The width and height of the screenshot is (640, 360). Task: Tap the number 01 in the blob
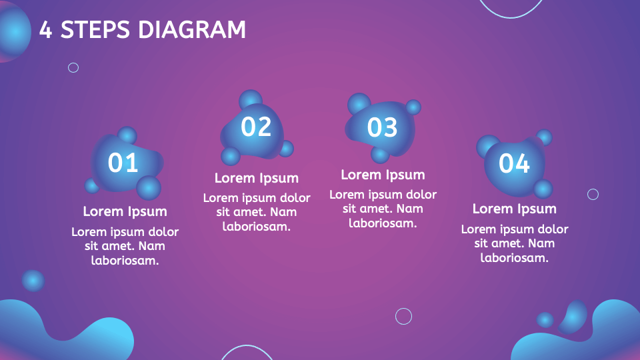pos(123,163)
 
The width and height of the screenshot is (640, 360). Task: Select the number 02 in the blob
pos(256,127)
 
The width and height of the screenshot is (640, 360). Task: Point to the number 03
pos(382,127)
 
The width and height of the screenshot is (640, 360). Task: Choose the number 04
pos(514,163)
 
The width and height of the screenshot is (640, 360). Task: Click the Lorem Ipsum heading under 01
pos(125,211)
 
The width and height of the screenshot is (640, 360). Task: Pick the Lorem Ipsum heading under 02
pos(257,178)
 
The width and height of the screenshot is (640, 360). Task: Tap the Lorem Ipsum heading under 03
pos(383,175)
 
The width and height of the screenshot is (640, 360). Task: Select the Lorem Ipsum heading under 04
pos(514,209)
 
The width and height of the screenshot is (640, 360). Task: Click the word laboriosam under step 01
pos(125,260)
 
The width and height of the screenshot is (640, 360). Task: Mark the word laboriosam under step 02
pos(257,226)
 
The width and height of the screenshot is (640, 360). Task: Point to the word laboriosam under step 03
pos(383,223)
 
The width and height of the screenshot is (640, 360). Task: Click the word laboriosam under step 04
pos(514,257)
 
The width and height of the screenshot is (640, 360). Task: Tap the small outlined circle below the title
pos(73,67)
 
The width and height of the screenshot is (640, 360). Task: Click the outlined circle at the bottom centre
pos(403,316)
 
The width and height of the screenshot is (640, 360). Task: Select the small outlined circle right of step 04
pos(593,194)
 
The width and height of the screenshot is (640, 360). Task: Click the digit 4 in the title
pos(45,29)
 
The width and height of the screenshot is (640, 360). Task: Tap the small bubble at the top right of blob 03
pos(413,107)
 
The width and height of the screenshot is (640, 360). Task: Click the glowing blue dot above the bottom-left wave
pos(33,281)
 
